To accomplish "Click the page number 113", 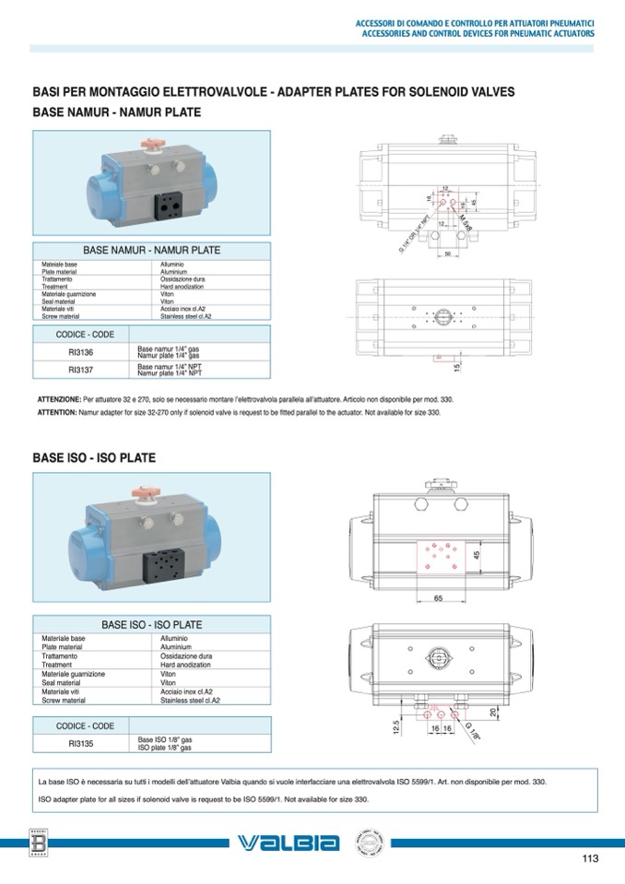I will pyautogui.click(x=590, y=859).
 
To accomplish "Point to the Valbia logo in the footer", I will pyautogui.click(x=289, y=843).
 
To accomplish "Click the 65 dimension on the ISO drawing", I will pyautogui.click(x=438, y=598).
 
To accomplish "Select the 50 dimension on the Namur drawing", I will pyautogui.click(x=447, y=254).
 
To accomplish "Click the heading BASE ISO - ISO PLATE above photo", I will pyautogui.click(x=94, y=457).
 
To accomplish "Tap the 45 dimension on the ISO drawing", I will pyautogui.click(x=476, y=555).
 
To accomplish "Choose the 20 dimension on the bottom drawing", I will pyautogui.click(x=493, y=712).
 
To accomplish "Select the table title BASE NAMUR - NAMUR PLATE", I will pyautogui.click(x=152, y=250).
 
